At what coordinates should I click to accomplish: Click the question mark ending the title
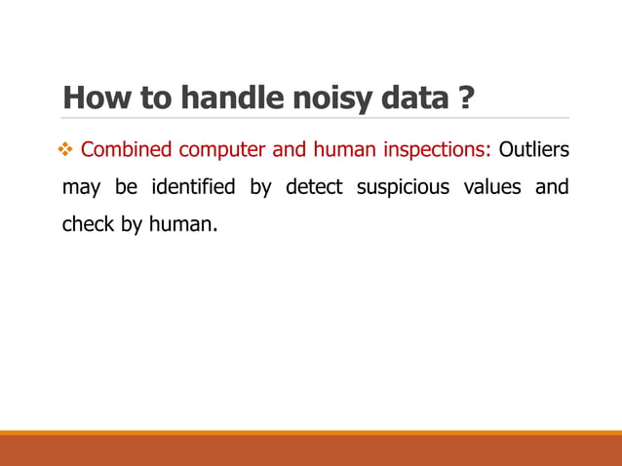[x=465, y=99]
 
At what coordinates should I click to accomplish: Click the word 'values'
[x=492, y=187]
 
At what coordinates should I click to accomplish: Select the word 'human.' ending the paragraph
[x=182, y=224]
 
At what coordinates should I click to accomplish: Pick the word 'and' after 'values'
[x=552, y=187]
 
